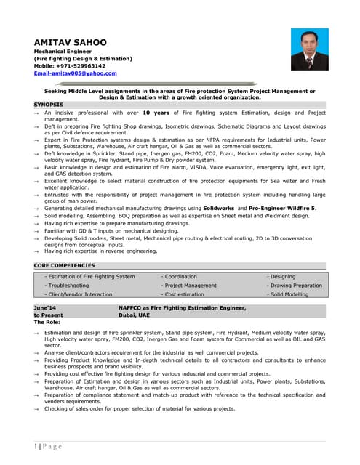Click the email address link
tap(76, 73)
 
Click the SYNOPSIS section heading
tap(48, 105)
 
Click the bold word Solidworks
tap(223, 209)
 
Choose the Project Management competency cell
tap(189, 286)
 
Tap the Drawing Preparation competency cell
tap(295, 286)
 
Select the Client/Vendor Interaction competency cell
tap(79, 294)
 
